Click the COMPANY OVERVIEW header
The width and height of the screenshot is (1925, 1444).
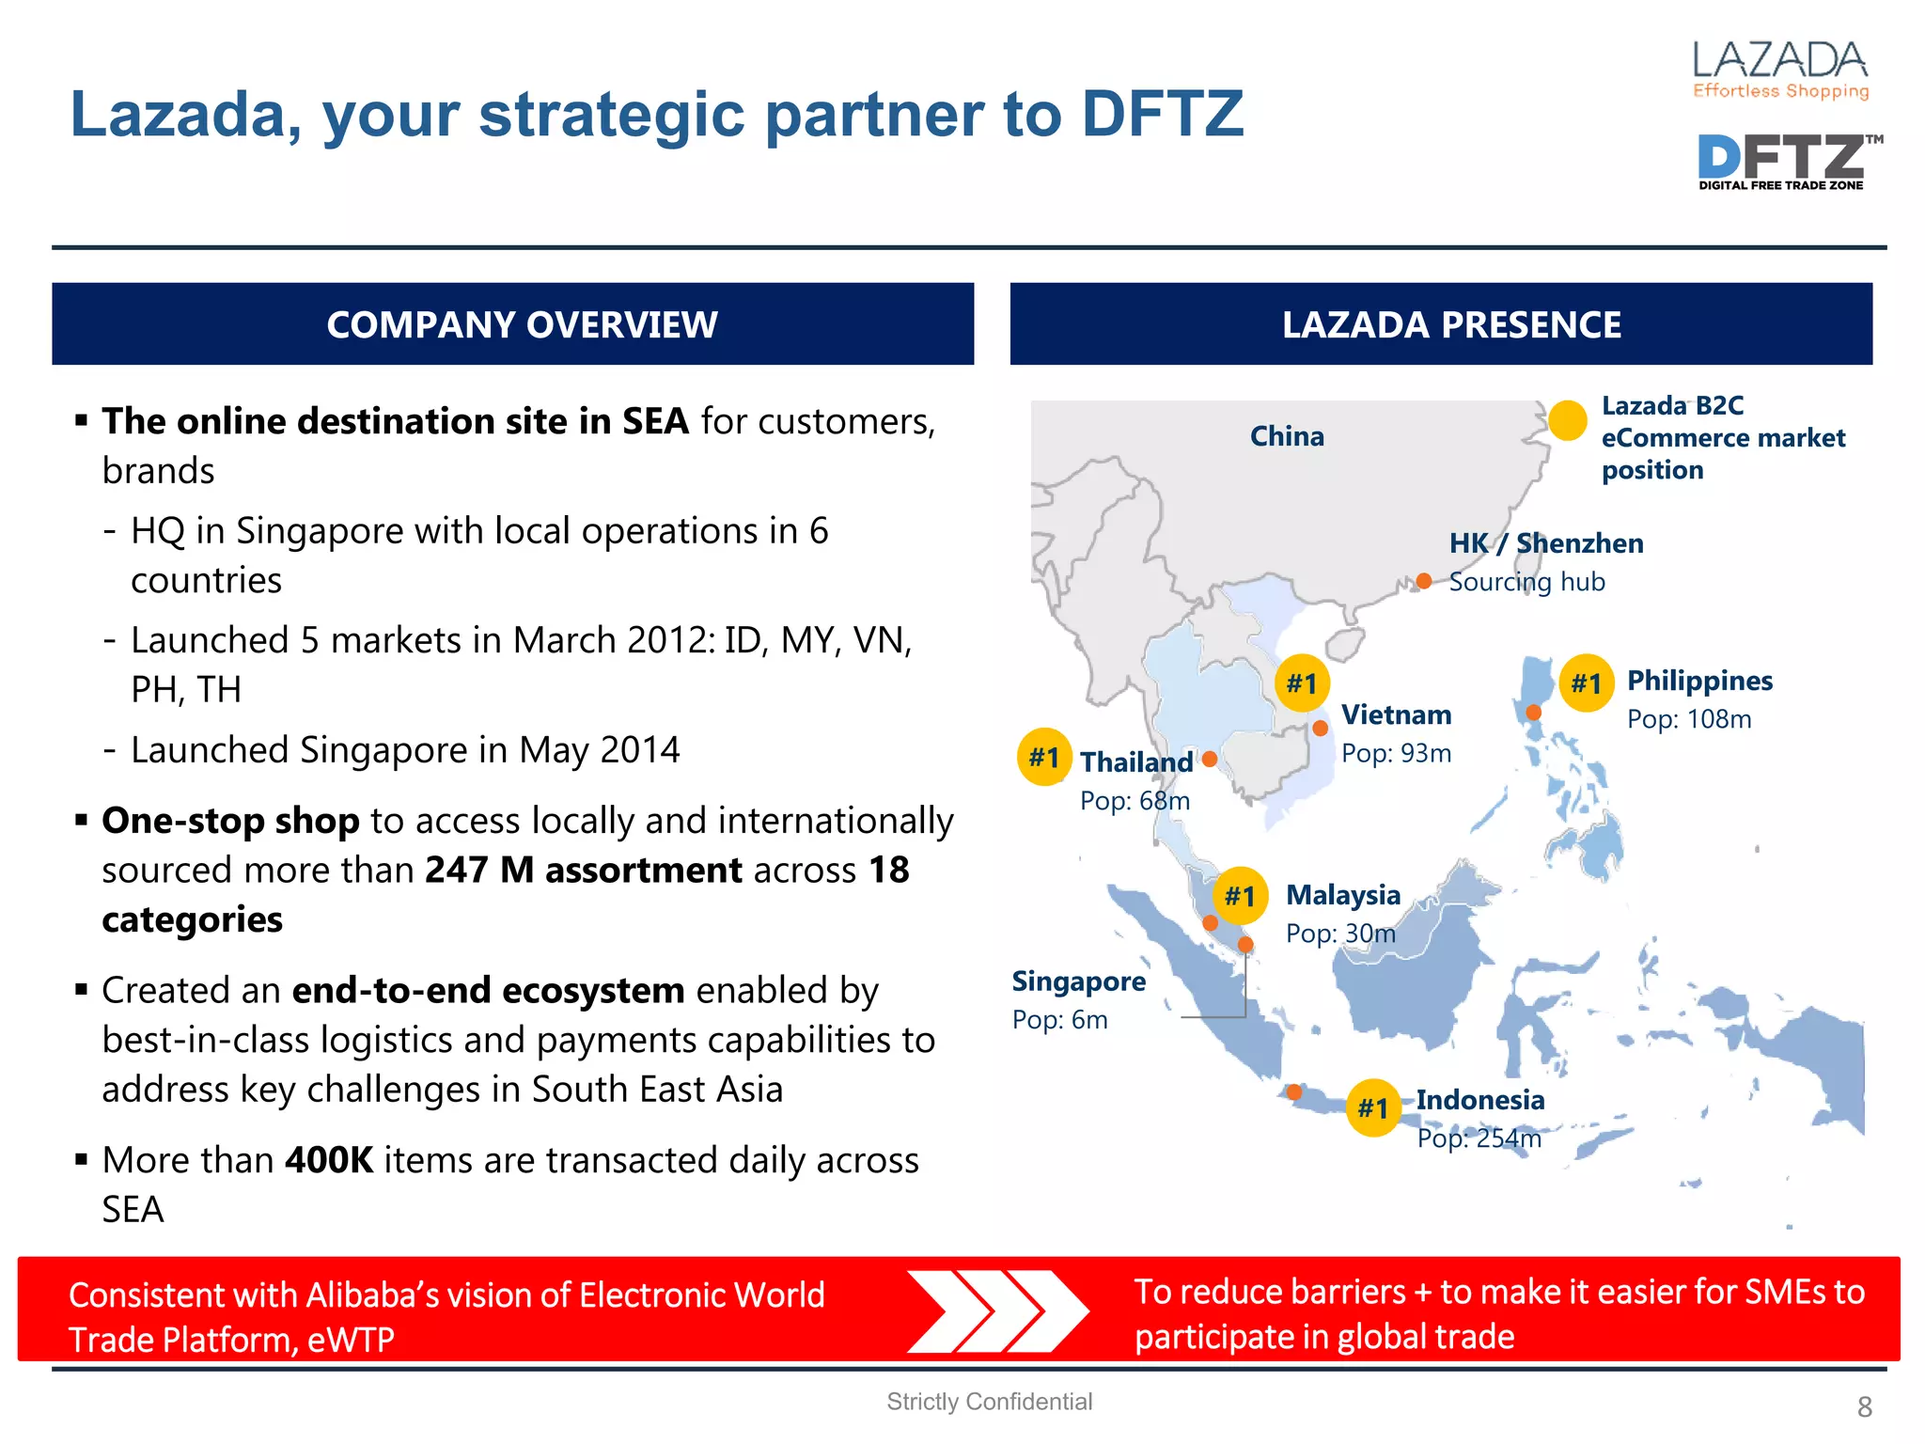pos(522,324)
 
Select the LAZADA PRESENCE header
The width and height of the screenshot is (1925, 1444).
pos(1451,324)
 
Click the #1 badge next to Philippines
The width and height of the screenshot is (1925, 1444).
pos(1586,683)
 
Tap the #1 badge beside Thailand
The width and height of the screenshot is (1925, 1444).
pos(1044,757)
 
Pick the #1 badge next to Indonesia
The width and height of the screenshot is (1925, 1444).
pos(1373,1108)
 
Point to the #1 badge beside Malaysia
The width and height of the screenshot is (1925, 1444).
pos(1240,896)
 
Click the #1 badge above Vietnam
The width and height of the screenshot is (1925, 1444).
pos(1302,683)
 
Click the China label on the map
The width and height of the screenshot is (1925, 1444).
pos(1287,436)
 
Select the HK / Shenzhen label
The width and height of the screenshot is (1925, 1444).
pos(1546,543)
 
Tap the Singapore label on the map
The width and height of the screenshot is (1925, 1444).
pos(1079,981)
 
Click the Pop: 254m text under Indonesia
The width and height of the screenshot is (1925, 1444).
pos(1479,1138)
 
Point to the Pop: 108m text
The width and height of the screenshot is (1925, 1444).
pos(1689,719)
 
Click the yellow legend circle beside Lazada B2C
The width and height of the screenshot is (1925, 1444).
pos(1567,420)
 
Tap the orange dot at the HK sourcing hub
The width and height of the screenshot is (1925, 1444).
pos(1424,581)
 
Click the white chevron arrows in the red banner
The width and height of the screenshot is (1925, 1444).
pos(997,1311)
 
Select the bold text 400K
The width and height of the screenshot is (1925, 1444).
pos(329,1160)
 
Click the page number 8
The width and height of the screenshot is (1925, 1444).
pos(1865,1407)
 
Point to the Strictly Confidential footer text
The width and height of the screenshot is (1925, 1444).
pos(989,1402)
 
